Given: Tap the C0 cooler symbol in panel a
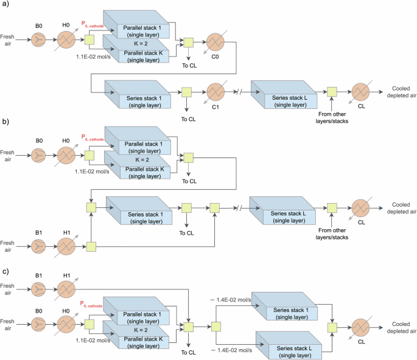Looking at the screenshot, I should point(216,43).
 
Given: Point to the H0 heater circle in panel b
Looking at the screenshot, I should point(66,152).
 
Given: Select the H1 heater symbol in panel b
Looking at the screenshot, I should point(66,246).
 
